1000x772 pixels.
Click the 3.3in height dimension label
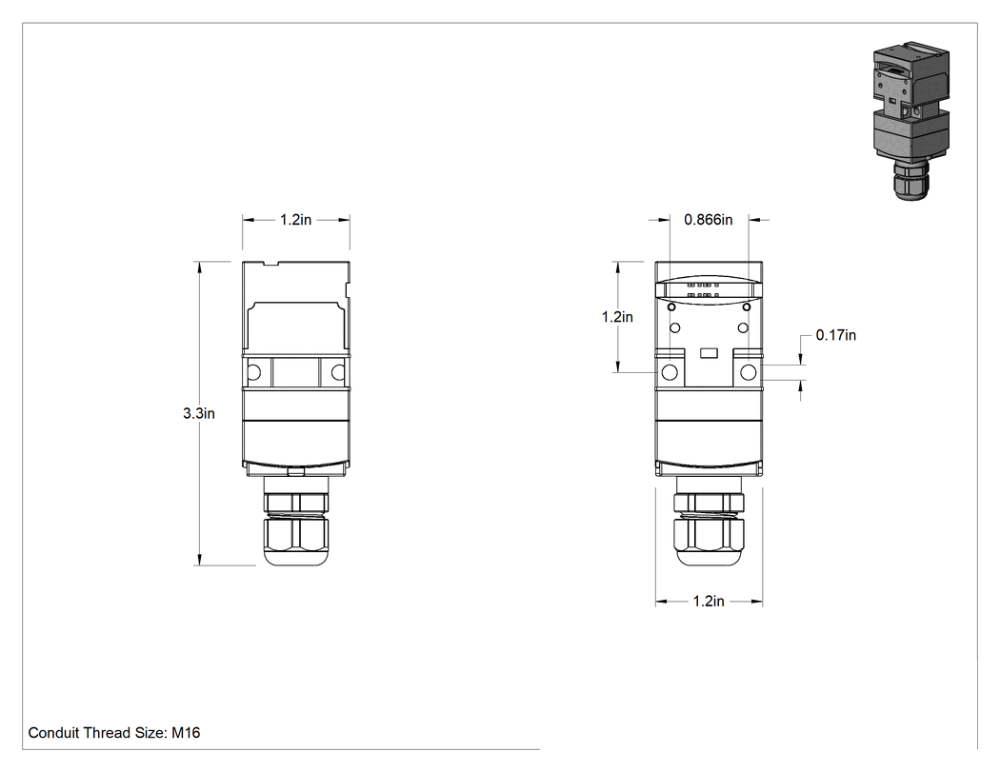tap(199, 413)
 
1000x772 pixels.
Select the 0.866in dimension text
tap(709, 219)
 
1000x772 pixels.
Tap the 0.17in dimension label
tap(836, 335)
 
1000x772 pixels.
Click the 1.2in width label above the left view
tap(296, 219)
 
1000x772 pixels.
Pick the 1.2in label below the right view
tap(709, 602)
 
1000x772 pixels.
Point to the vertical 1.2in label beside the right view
tap(617, 317)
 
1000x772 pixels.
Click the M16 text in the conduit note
tap(187, 732)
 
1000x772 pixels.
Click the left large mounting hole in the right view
tap(670, 372)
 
